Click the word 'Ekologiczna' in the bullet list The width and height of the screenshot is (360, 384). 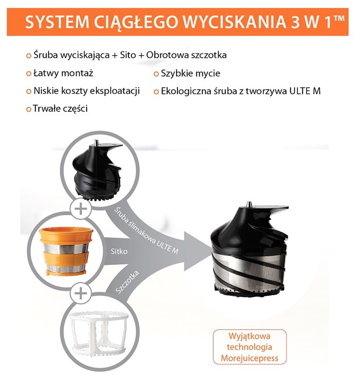(x=186, y=91)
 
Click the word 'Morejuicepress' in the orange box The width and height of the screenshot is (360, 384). (x=249, y=357)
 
